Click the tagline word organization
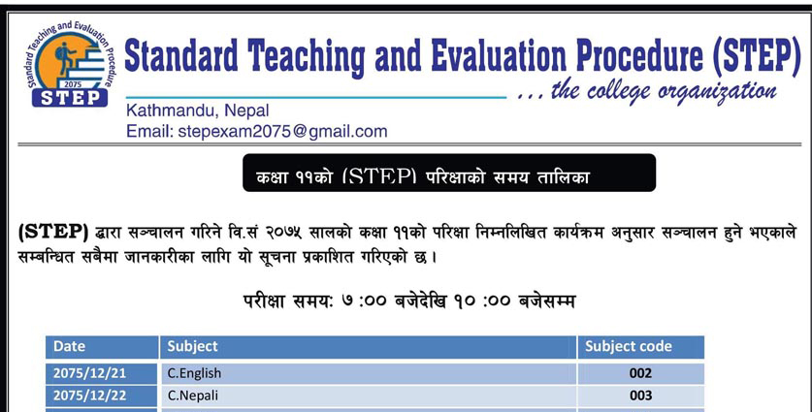718,93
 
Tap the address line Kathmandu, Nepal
197,111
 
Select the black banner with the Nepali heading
449,173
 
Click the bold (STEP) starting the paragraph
53,233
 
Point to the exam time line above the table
409,301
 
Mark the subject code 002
640,373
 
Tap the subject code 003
640,396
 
